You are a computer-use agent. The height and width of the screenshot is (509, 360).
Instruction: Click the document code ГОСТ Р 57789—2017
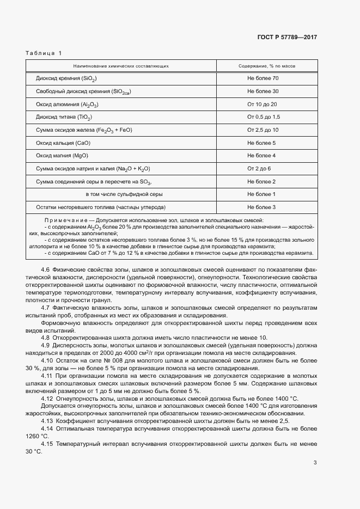286,38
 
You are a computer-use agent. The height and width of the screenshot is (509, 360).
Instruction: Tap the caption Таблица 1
44,53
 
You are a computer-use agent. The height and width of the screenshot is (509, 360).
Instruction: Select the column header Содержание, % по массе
267,66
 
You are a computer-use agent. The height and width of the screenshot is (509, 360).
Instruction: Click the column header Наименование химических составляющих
121,66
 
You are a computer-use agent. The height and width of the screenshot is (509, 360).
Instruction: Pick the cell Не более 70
263,78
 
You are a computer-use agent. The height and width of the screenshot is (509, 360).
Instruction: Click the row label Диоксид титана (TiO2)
64,117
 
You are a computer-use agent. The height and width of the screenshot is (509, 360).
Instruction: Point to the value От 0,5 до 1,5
264,117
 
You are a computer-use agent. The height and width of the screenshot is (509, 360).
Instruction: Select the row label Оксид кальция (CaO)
63,143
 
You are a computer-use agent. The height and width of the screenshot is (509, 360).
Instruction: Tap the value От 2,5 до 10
263,130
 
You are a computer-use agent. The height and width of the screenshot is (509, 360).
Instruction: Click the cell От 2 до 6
259,169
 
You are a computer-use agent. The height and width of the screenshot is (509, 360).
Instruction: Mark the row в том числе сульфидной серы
124,194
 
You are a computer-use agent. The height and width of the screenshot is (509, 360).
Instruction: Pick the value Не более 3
261,207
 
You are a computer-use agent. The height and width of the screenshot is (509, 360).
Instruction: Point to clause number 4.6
46,271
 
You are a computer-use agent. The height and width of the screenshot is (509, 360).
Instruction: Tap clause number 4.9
46,346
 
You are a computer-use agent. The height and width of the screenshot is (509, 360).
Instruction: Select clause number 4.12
47,398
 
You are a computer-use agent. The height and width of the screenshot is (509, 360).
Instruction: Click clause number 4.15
47,444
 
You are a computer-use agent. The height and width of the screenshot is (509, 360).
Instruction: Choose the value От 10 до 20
263,104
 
